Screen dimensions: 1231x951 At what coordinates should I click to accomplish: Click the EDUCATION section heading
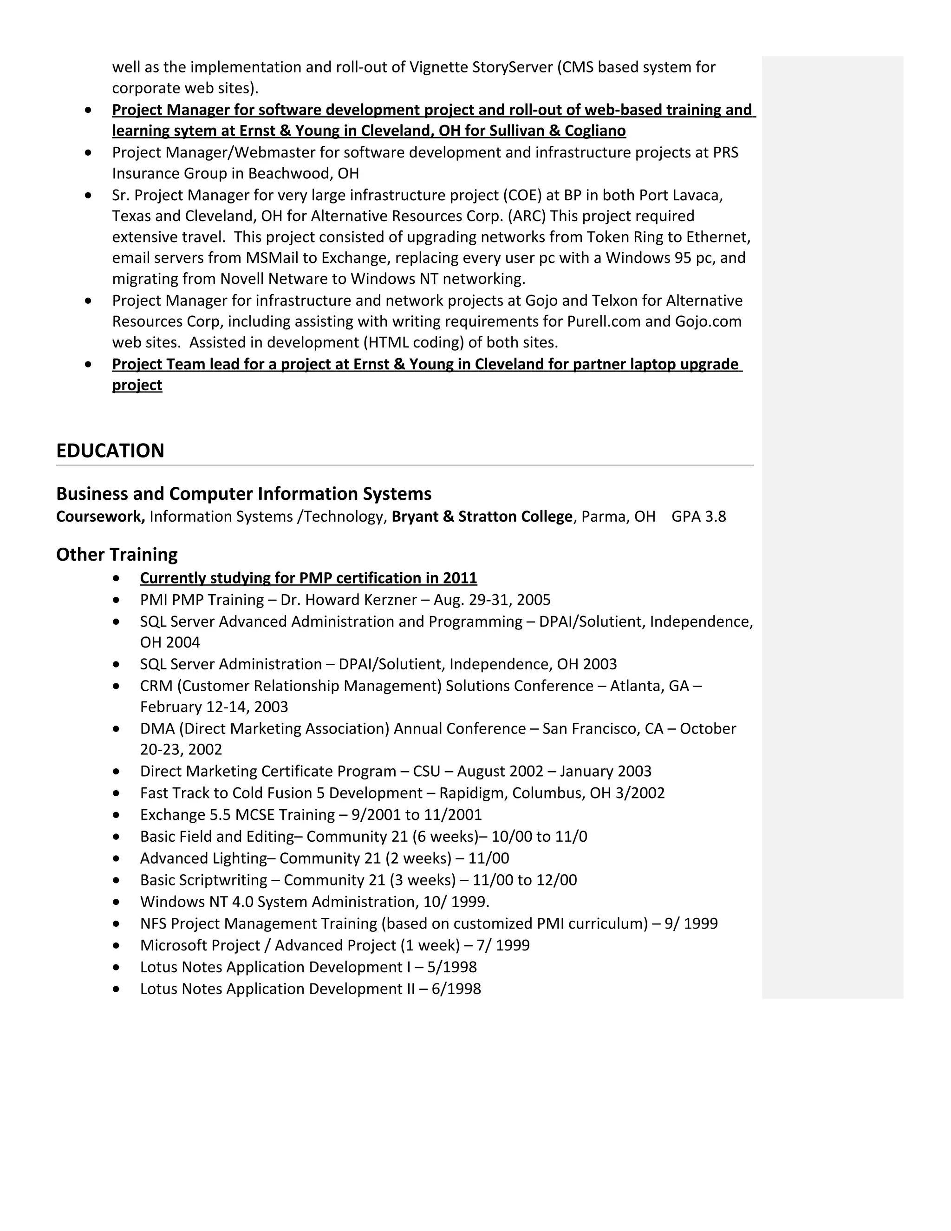click(x=110, y=451)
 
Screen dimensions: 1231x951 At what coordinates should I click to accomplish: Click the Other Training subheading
click(x=117, y=555)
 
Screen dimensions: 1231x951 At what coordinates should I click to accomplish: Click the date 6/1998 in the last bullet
click(x=456, y=989)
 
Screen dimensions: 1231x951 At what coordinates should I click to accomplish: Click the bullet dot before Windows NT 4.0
click(x=116, y=903)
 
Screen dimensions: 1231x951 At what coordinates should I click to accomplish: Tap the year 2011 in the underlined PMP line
click(x=460, y=578)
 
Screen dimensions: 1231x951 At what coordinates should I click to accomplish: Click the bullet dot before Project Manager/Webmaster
click(x=88, y=153)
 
